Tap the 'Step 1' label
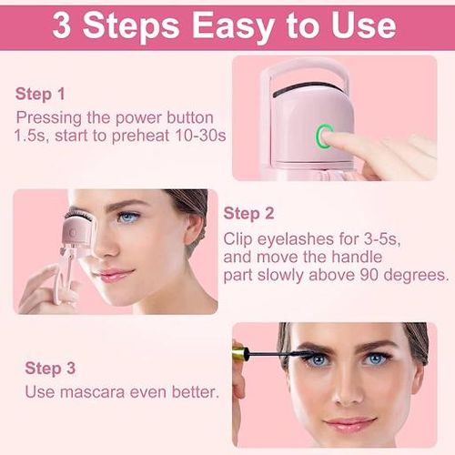[x=40, y=94]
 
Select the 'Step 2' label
[x=248, y=214]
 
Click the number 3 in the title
[x=63, y=25]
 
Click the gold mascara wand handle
[x=239, y=352]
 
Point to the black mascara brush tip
[x=278, y=351]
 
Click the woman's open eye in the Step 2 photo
[x=127, y=217]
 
